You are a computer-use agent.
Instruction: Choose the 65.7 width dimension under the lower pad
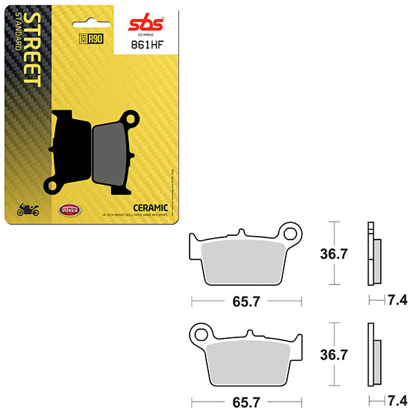click(x=247, y=401)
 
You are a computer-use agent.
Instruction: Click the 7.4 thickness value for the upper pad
click(x=397, y=299)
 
